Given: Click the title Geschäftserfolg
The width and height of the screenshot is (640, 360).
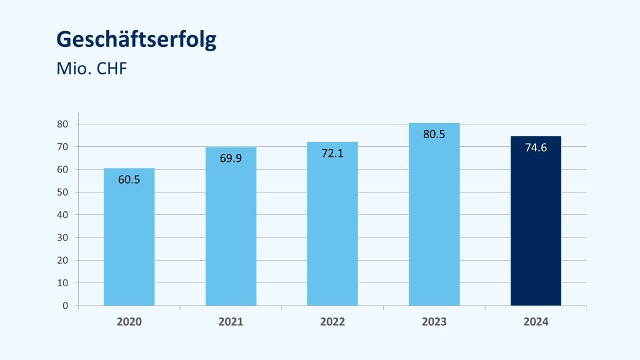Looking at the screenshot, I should click(136, 40).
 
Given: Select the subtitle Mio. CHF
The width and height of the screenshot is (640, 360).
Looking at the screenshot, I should click(92, 69).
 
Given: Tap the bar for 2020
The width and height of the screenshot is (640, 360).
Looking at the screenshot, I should click(129, 244).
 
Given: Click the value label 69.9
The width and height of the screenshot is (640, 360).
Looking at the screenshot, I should click(231, 158).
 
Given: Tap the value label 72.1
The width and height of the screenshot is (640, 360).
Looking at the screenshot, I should click(332, 153).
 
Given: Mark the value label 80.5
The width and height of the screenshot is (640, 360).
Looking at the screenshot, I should click(434, 134).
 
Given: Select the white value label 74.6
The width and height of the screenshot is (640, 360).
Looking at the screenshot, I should click(536, 148).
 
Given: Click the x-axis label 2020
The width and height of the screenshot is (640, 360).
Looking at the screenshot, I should click(129, 322).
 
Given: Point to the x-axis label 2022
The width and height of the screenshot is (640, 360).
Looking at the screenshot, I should click(332, 322).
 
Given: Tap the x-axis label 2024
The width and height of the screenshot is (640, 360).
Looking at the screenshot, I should click(536, 322).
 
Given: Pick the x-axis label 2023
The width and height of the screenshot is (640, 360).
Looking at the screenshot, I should click(434, 322).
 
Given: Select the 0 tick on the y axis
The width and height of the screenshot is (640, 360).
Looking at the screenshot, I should click(65, 306).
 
